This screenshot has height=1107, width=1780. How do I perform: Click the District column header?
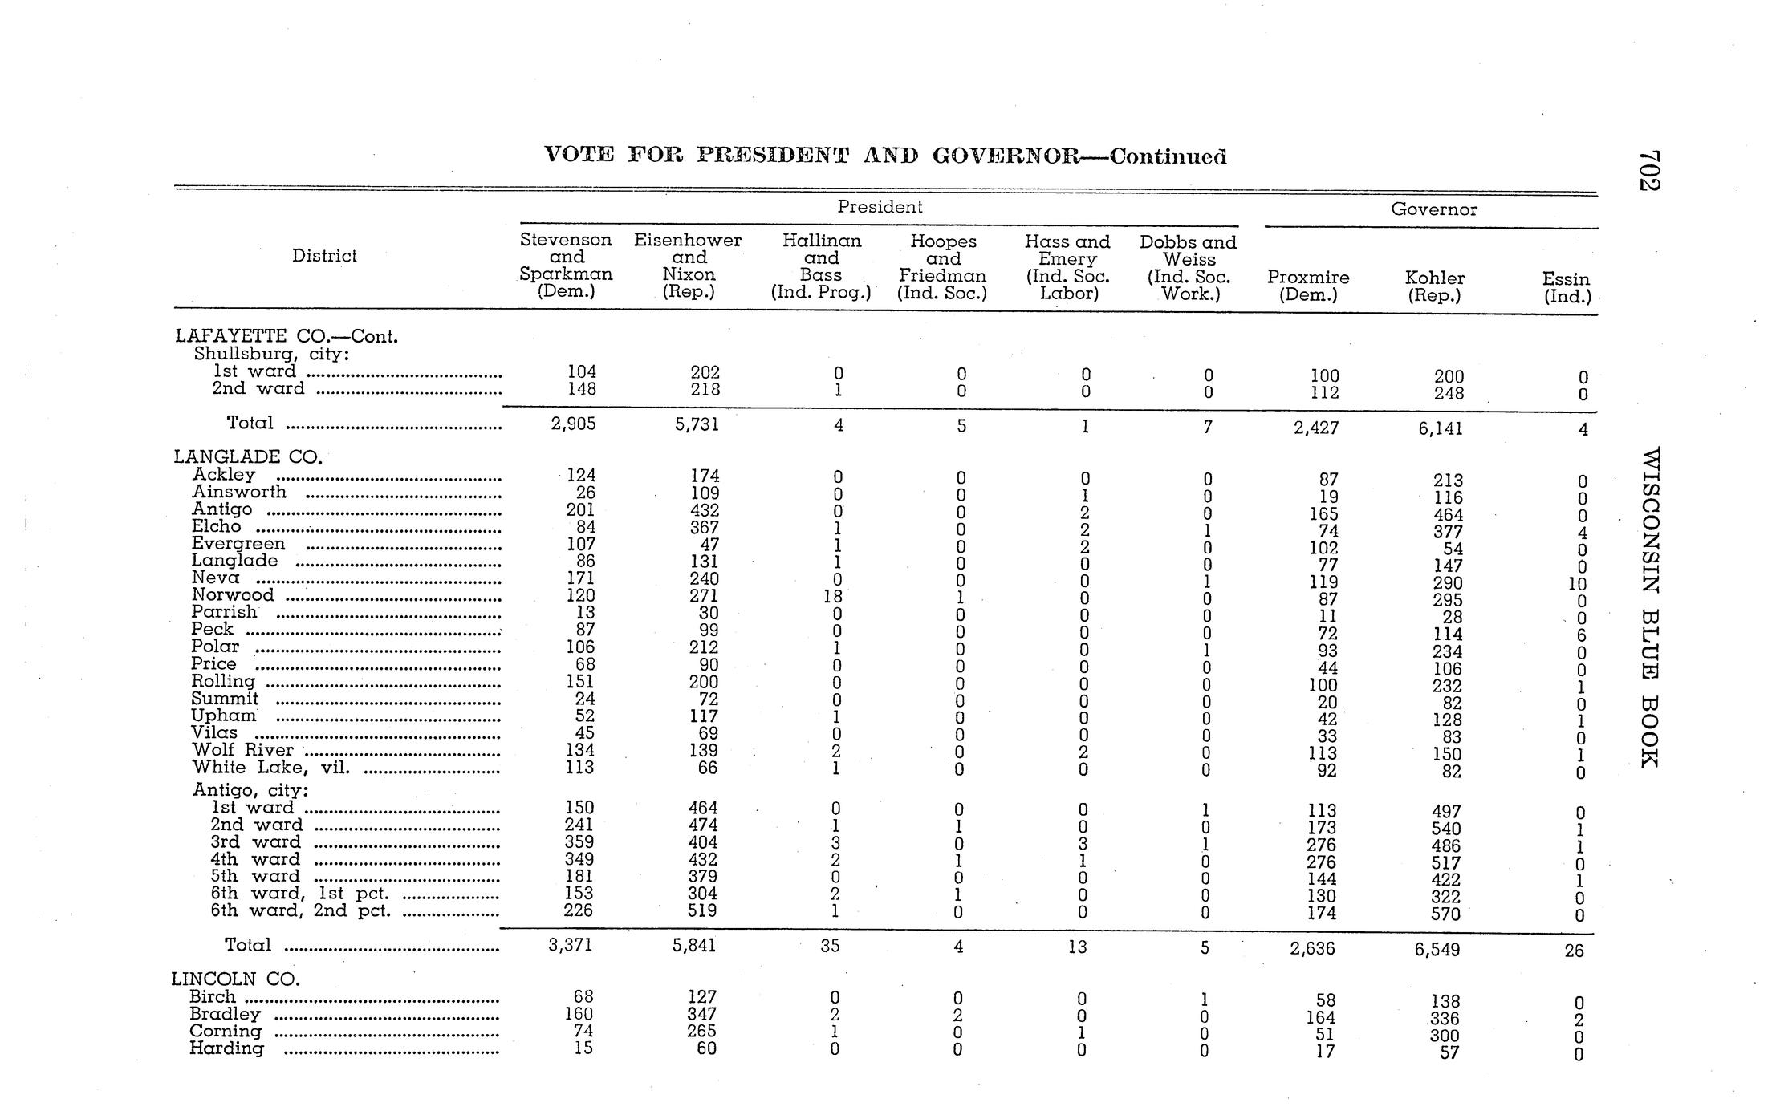[x=324, y=256]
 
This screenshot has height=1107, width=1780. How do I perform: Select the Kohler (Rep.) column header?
[x=1434, y=286]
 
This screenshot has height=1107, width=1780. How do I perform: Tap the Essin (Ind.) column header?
[x=1566, y=287]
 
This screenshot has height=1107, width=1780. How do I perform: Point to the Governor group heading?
[x=1433, y=209]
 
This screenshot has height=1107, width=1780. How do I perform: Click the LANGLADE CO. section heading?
[x=248, y=457]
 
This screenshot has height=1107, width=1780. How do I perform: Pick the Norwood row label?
[x=233, y=595]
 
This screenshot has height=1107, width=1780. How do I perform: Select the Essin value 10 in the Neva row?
[x=1577, y=585]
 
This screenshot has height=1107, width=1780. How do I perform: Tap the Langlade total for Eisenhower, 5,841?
[x=694, y=946]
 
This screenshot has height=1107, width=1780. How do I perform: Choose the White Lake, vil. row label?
[x=271, y=768]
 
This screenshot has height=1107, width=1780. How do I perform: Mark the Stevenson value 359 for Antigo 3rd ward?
[x=579, y=842]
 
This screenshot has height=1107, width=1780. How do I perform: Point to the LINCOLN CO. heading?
[x=236, y=979]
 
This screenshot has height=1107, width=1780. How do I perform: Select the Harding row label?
[x=226, y=1048]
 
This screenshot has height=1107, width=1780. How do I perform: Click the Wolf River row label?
[x=242, y=750]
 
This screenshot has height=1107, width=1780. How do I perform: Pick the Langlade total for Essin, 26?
[x=1574, y=951]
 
